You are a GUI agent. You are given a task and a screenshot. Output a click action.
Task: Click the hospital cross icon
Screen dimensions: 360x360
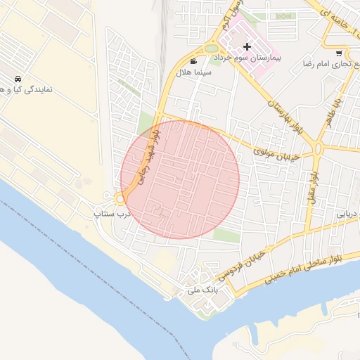point(246,46)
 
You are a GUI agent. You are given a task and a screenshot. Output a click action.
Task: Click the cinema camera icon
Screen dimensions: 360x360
point(193,62)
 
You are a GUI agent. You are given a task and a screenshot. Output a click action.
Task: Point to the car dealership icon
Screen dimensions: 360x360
point(18,79)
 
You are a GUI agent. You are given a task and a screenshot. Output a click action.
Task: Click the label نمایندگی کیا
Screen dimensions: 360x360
point(35,90)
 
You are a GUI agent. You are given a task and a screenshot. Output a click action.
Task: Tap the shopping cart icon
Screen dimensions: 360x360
point(339,53)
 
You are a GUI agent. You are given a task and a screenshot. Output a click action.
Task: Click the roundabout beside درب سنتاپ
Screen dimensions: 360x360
point(120,199)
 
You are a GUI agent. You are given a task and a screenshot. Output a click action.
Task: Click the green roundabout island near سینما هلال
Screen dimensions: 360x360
point(210,49)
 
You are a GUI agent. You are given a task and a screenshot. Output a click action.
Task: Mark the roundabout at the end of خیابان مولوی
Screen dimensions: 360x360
point(317,148)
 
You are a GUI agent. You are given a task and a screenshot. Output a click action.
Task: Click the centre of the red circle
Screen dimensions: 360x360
point(180,179)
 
